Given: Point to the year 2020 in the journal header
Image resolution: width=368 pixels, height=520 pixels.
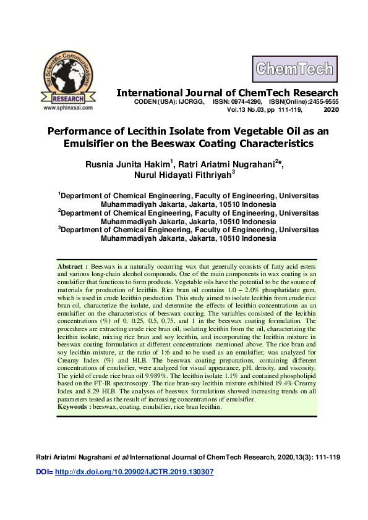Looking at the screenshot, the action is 331,109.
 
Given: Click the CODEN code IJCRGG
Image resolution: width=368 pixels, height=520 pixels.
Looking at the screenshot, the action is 190,101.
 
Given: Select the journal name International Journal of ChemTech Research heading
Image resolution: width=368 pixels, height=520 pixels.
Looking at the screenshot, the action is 228,93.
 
